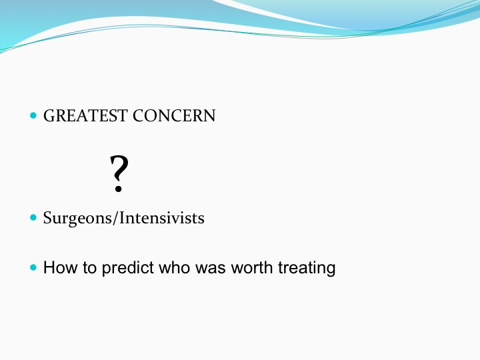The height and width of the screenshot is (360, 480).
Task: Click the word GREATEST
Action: [x=85, y=116]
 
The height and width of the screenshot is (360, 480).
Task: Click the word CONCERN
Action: [x=174, y=116]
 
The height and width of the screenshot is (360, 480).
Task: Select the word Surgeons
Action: [x=78, y=219]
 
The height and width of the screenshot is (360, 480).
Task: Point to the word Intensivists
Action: [x=162, y=218]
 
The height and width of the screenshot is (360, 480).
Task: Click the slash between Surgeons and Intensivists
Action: [x=116, y=218]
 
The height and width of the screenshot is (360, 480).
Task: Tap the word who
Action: [x=175, y=267]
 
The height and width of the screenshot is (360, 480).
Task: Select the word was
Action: [x=211, y=269]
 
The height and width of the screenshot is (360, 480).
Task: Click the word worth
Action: [x=252, y=267]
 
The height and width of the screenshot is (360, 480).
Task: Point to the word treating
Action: [x=307, y=268]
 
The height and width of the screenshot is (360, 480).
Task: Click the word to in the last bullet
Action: [x=90, y=268]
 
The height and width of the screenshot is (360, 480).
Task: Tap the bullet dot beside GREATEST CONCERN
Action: [x=33, y=116]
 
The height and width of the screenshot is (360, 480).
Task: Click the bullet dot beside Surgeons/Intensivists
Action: [x=33, y=217]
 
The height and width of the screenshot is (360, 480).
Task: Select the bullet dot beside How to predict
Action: [x=33, y=267]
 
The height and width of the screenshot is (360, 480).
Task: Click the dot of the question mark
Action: [x=119, y=190]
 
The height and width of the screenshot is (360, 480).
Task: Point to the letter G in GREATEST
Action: [x=50, y=116]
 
